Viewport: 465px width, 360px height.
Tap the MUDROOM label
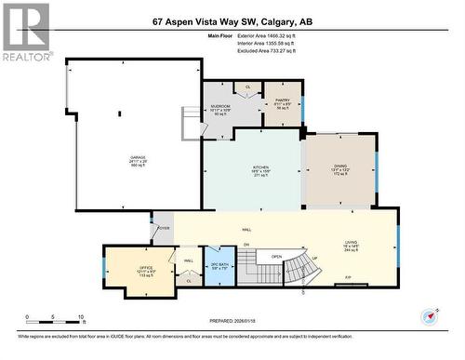[220, 110]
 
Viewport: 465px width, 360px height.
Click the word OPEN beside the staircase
[276, 258]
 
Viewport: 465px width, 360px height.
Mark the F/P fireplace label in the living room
[348, 278]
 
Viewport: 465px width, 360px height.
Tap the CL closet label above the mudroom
[247, 87]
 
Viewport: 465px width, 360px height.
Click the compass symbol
[431, 316]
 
